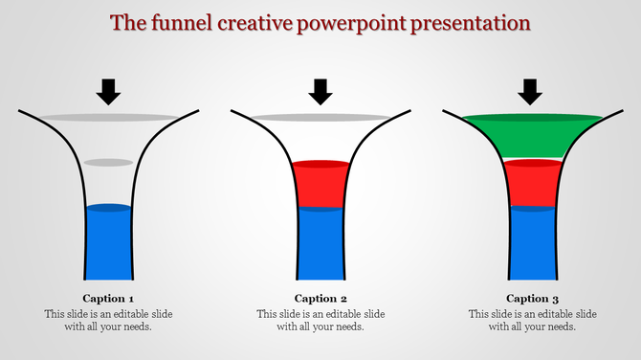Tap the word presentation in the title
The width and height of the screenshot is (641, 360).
click(x=475, y=23)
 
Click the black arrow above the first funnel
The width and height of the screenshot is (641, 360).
click(x=109, y=91)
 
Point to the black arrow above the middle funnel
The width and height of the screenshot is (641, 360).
click(x=320, y=91)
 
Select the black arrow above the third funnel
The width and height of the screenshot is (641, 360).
click(x=531, y=91)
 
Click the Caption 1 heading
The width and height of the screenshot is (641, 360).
click(x=108, y=298)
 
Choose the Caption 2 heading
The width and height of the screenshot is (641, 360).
click(x=320, y=298)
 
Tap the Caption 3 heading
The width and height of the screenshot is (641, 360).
click(x=532, y=298)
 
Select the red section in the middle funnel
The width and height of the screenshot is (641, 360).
click(x=320, y=185)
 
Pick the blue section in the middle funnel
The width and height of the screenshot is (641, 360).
click(x=320, y=243)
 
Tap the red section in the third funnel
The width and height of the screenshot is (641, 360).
click(x=532, y=184)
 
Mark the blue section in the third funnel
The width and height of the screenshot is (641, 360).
click(x=532, y=243)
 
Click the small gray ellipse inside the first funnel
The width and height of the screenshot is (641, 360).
click(x=108, y=163)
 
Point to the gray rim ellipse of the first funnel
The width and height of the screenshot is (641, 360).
click(x=108, y=118)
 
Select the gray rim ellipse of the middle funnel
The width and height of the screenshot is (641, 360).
click(x=320, y=118)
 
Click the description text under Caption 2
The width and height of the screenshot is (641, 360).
click(x=320, y=320)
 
